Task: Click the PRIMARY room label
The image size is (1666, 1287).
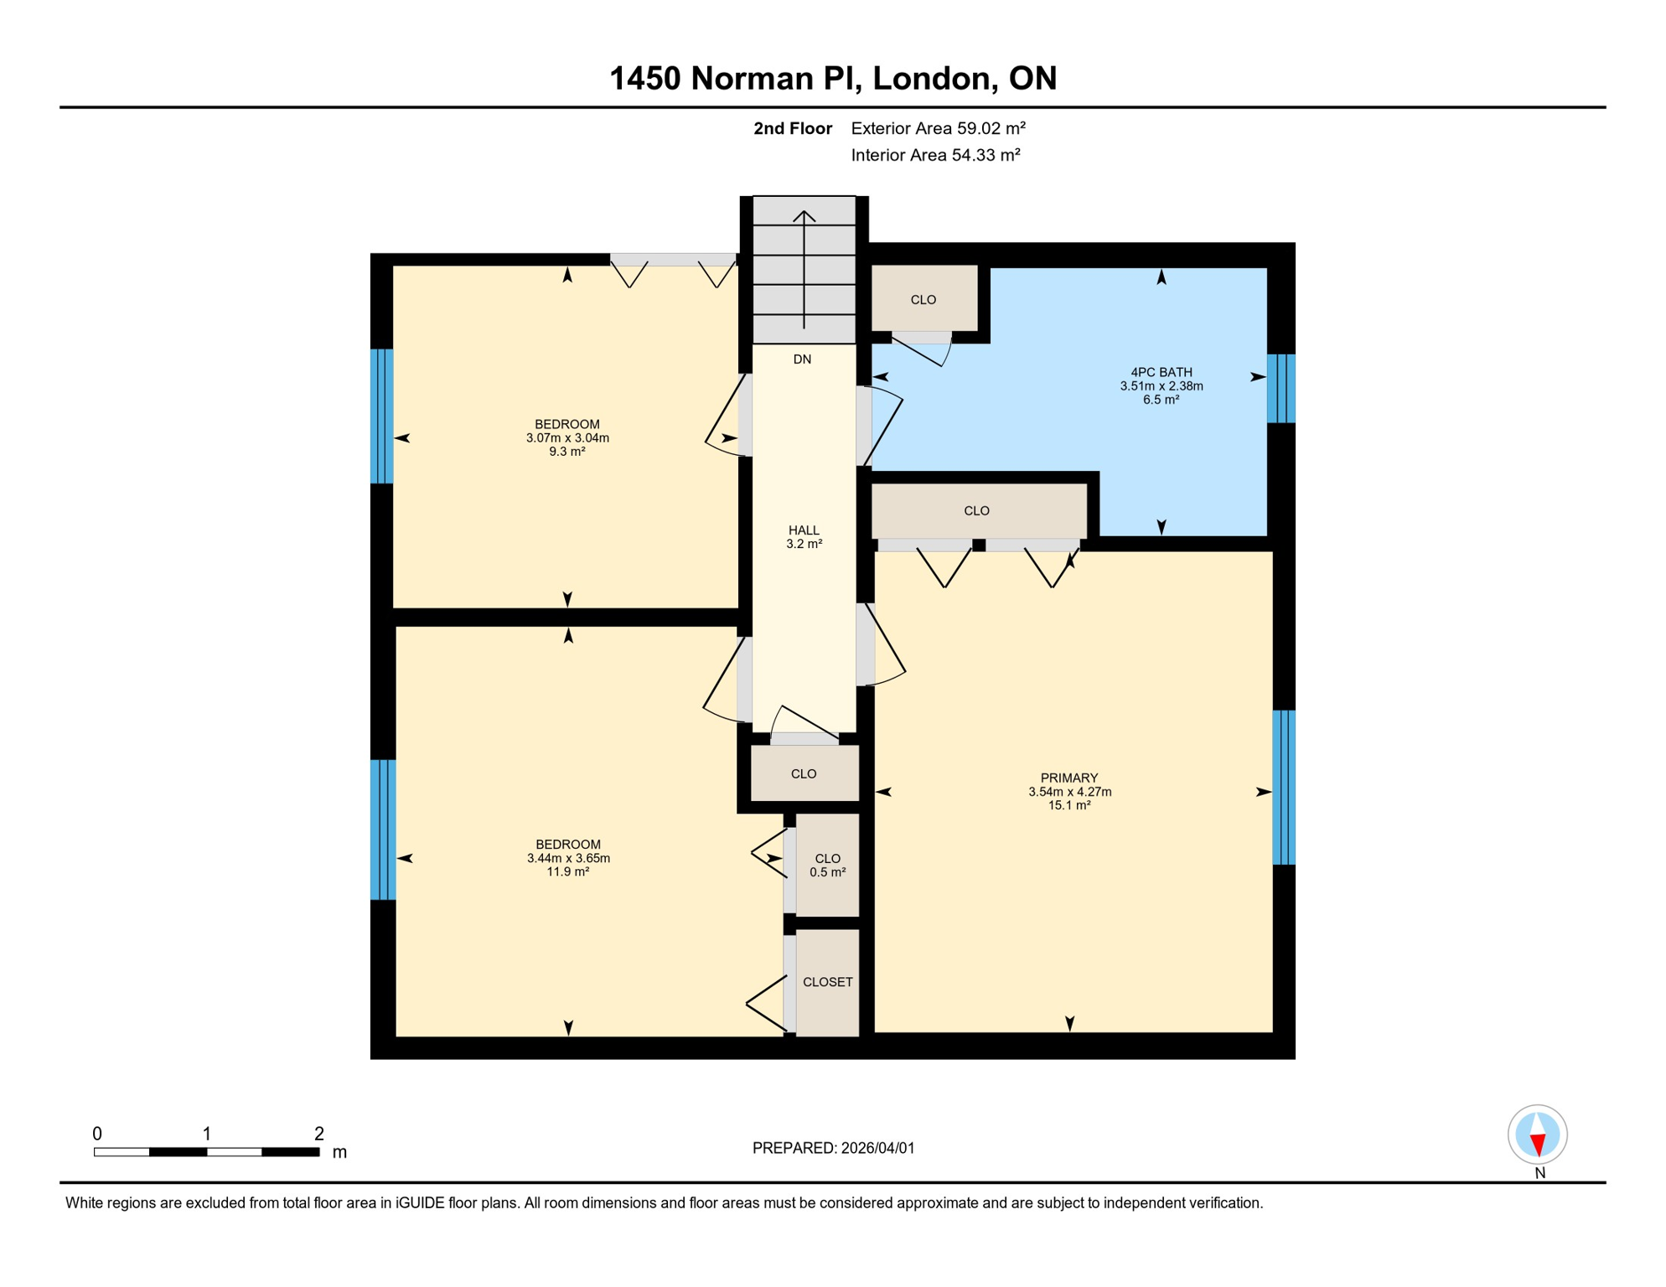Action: tap(1069, 778)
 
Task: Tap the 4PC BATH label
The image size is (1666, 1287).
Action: tap(1161, 373)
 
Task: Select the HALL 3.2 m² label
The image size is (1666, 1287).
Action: tap(804, 537)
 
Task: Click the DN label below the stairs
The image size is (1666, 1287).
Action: tap(802, 359)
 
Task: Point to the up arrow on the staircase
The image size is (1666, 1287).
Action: tap(804, 218)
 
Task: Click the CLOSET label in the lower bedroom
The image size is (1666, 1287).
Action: tap(827, 982)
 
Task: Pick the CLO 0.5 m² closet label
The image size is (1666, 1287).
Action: tap(827, 865)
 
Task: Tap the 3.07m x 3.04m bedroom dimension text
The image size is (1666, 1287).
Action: tap(567, 438)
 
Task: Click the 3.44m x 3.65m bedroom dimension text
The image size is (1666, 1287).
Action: tap(568, 858)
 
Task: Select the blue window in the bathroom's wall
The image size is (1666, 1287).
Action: tap(1281, 388)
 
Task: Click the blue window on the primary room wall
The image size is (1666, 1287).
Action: tap(1283, 787)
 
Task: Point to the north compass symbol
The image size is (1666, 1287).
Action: tap(1537, 1135)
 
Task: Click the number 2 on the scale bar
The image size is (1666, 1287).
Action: tap(318, 1134)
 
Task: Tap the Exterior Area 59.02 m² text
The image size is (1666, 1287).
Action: tap(938, 128)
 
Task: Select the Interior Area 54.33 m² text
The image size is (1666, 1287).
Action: tap(935, 155)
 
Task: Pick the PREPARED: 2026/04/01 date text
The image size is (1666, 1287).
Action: tap(833, 1148)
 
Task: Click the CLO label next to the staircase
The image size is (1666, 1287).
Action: tap(923, 300)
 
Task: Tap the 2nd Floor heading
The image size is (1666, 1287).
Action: tap(792, 128)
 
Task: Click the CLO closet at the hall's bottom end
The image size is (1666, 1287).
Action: tap(803, 774)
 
